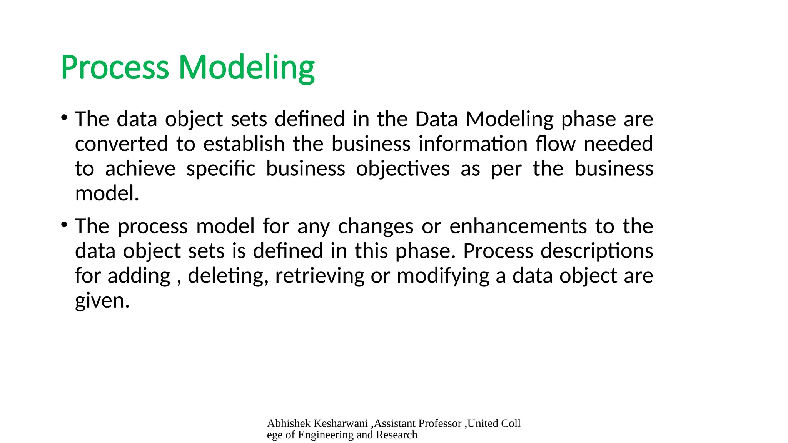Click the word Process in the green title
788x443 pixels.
pos(115,68)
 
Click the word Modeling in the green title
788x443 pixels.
pos(246,68)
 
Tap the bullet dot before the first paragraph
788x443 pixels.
pos(64,117)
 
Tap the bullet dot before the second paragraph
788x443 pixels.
pos(64,224)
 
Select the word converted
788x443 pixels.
pos(122,144)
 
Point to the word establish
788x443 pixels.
pos(244,144)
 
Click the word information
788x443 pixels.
pos(473,144)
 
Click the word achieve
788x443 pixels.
pos(140,169)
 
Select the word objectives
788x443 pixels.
pos(402,169)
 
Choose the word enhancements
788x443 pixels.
pos(518,226)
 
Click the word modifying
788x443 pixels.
pos(443,276)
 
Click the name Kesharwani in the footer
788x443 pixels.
pos(341,423)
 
